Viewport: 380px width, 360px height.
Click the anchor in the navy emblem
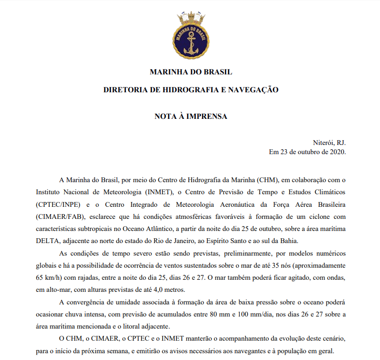[x=190, y=40]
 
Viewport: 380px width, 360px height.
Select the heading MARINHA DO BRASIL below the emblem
[x=191, y=72]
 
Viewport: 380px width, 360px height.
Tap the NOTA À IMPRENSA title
[x=191, y=116]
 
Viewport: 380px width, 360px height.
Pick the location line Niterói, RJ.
[x=330, y=143]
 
